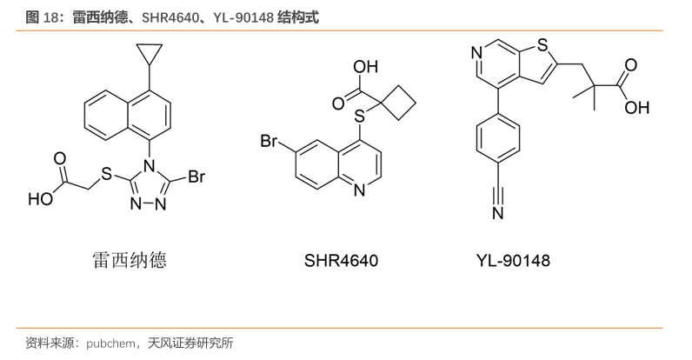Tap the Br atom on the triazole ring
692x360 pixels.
pyautogui.click(x=196, y=177)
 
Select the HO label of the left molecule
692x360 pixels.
pyautogui.click(x=40, y=199)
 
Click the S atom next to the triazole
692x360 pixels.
pyautogui.click(x=106, y=174)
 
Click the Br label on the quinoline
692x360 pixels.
pyautogui.click(x=269, y=141)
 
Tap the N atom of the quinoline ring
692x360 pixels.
pyautogui.click(x=360, y=190)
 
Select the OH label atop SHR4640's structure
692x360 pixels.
pyautogui.click(x=366, y=67)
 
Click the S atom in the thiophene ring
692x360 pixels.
pyautogui.click(x=542, y=44)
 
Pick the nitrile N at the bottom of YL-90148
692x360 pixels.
pyautogui.click(x=498, y=213)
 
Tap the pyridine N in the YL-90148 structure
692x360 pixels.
pyautogui.click(x=476, y=53)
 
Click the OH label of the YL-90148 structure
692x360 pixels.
pyautogui.click(x=637, y=108)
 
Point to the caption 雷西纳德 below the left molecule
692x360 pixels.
pyautogui.click(x=130, y=260)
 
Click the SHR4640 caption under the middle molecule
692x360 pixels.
pyautogui.click(x=341, y=260)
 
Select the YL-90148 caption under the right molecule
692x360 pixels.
pyautogui.click(x=513, y=260)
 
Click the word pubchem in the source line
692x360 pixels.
pyautogui.click(x=110, y=343)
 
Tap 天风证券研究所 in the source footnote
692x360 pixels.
pyautogui.click(x=190, y=343)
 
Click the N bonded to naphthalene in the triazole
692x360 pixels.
pyautogui.click(x=150, y=166)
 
